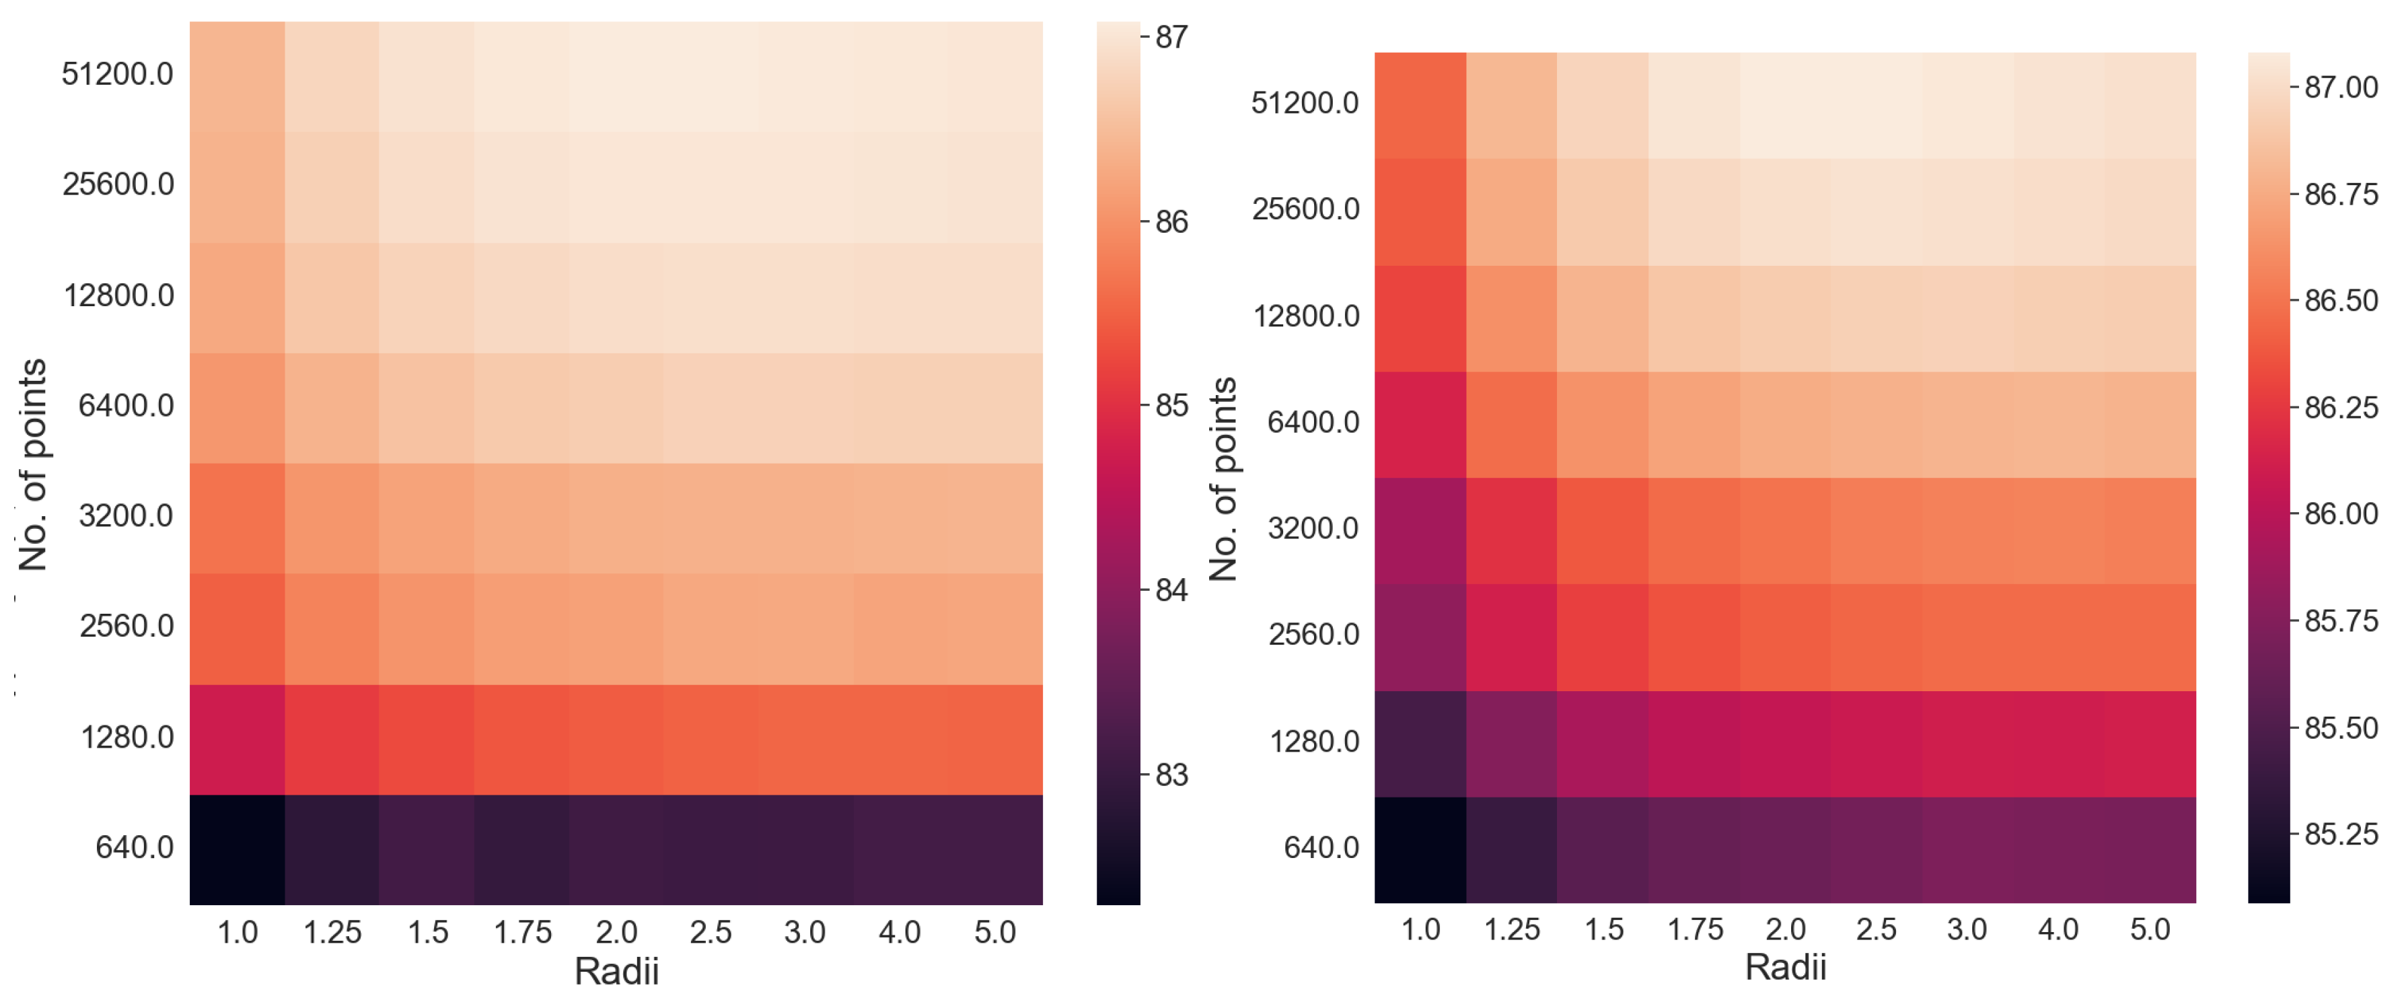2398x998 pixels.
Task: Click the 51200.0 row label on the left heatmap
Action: point(117,73)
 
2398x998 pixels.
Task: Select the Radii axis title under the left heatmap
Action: point(616,971)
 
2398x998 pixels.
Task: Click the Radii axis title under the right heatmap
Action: point(1784,967)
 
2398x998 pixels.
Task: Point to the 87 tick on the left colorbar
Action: point(1171,37)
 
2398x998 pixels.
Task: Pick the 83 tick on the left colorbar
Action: point(1171,775)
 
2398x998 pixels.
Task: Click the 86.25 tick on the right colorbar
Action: point(2340,408)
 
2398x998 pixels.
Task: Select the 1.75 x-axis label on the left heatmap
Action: point(522,932)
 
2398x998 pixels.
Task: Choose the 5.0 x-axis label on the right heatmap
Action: point(2150,929)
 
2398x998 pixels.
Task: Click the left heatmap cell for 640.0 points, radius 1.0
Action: point(238,849)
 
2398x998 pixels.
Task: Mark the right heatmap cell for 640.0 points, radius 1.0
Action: point(1420,849)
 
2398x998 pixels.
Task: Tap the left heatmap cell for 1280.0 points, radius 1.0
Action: point(238,739)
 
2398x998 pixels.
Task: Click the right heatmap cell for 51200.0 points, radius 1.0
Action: point(1420,105)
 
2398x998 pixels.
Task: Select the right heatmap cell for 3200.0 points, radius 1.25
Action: point(1511,531)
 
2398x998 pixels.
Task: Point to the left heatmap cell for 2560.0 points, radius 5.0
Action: point(994,629)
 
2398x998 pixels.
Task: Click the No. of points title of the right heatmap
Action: point(1223,479)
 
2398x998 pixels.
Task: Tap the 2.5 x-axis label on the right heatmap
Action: point(1876,929)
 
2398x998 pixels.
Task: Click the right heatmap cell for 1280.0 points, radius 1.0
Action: point(1420,744)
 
